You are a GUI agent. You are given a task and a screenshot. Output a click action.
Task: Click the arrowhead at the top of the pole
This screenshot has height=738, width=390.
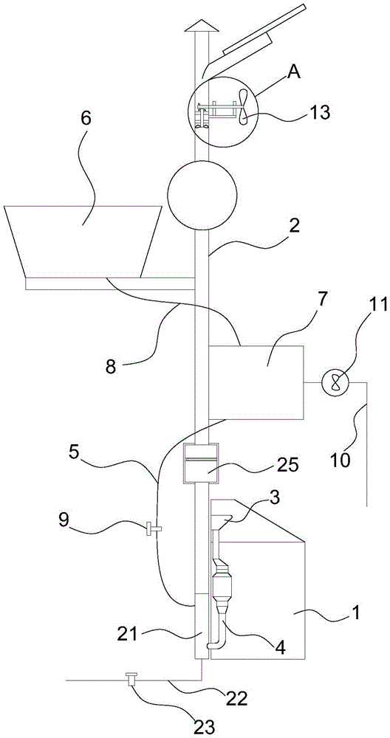point(201,27)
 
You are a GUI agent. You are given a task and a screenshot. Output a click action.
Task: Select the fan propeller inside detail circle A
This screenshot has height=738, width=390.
point(243,107)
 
